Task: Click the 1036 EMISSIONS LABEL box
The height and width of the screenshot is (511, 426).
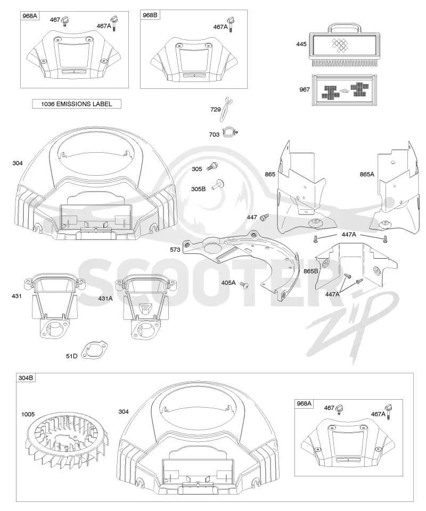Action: [77, 104]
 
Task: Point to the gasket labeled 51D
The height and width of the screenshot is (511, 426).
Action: [95, 350]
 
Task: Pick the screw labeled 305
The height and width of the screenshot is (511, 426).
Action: [212, 167]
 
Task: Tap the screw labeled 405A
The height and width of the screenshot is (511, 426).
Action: [243, 285]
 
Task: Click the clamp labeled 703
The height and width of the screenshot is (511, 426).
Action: [230, 133]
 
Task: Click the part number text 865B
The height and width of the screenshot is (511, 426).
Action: [310, 271]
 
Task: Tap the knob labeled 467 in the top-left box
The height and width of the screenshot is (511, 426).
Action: [66, 21]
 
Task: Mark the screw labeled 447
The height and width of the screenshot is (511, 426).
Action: [264, 217]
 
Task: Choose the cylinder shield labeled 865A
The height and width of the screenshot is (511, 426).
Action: [395, 189]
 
